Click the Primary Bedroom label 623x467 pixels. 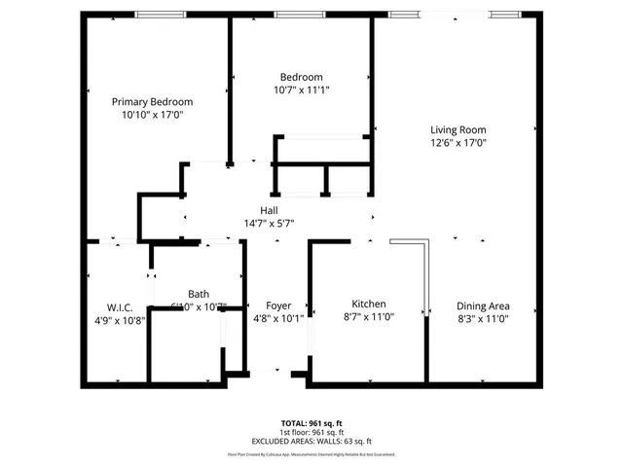coord(152,101)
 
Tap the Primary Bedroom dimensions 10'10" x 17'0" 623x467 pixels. coord(152,115)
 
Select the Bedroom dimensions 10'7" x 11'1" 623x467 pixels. coord(301,90)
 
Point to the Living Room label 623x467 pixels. coord(458,129)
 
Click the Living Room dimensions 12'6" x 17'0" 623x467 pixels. coord(458,143)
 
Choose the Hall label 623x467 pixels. coord(270,210)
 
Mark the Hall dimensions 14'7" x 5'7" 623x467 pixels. coord(270,223)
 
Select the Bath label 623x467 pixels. coord(199,294)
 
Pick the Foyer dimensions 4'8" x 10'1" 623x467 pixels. coord(277,318)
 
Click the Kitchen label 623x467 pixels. coord(369,305)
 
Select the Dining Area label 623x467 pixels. coord(484,305)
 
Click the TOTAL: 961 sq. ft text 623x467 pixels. coord(311,422)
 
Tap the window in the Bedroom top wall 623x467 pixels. coord(300,14)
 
